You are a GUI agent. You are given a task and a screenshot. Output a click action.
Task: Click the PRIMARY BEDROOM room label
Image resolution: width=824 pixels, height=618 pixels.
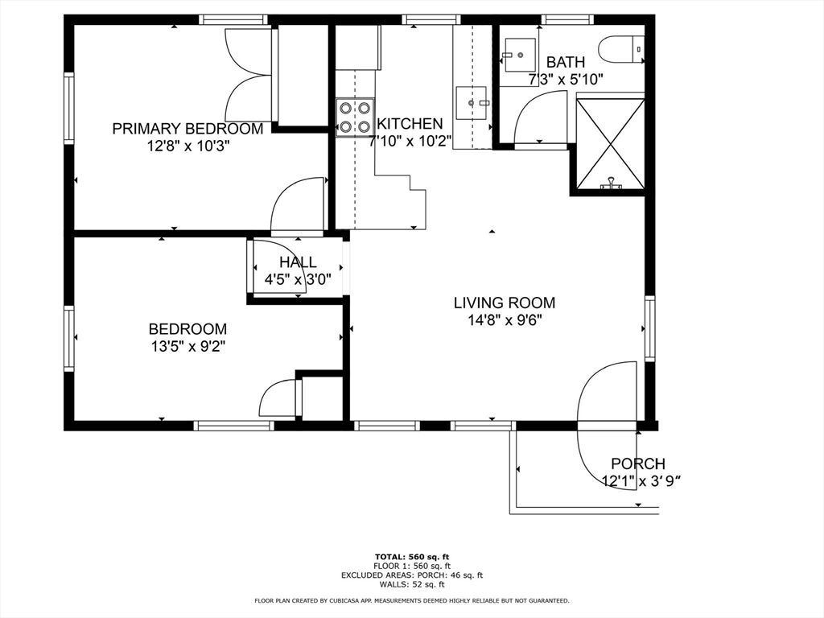(x=187, y=129)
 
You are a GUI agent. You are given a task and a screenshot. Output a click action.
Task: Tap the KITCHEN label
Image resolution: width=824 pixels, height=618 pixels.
(x=410, y=124)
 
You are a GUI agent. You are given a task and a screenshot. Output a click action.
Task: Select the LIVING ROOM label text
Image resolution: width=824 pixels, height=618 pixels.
(x=505, y=303)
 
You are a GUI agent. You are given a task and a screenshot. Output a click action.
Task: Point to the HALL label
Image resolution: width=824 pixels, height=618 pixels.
(x=298, y=262)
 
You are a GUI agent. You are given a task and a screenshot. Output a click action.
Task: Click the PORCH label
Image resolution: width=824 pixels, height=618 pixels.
(x=638, y=463)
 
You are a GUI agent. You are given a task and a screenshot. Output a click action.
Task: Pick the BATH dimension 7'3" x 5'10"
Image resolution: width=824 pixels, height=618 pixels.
(x=566, y=80)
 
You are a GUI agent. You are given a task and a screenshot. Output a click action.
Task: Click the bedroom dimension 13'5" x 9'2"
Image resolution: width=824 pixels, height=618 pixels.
(x=187, y=346)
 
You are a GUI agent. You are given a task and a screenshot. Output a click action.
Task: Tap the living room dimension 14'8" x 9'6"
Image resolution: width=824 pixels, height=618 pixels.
(x=505, y=320)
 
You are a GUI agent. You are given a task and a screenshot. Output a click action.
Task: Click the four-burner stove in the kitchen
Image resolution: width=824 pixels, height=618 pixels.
(x=355, y=117)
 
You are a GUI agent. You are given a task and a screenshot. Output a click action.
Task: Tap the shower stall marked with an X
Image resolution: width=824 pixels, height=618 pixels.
(x=611, y=143)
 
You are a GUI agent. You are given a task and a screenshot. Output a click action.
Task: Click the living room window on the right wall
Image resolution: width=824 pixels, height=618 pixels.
(x=650, y=328)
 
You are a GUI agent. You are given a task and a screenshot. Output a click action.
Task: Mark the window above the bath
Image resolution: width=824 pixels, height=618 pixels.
(x=567, y=20)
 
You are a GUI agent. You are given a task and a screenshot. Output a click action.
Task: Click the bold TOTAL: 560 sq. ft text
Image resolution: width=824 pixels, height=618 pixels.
(x=412, y=557)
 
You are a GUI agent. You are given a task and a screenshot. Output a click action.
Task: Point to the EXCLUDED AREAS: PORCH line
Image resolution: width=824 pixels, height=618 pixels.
(x=412, y=575)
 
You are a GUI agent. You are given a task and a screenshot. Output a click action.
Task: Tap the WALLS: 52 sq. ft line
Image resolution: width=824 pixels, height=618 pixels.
(x=412, y=584)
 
